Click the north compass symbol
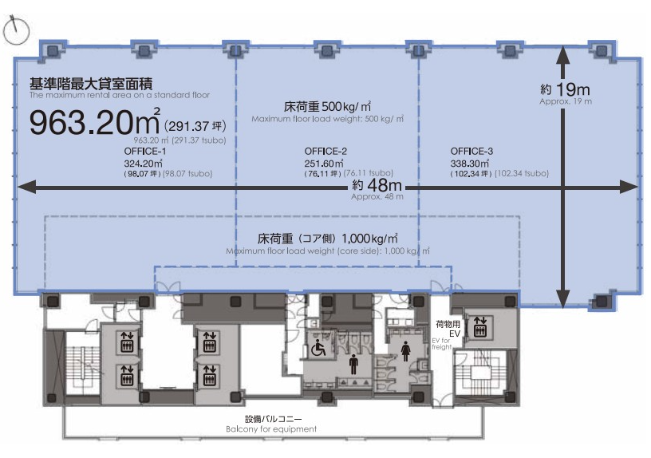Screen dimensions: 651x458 (16, 30)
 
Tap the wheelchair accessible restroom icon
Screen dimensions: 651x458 (318, 348)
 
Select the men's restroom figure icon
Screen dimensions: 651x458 (353, 364)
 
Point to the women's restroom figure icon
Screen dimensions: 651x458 (405, 351)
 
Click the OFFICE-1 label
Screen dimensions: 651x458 (145, 151)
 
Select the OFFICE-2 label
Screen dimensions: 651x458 (325, 151)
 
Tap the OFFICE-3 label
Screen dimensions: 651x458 (471, 151)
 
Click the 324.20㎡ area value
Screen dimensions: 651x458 (144, 164)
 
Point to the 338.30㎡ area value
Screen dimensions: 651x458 (470, 164)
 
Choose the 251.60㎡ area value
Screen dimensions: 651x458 (324, 164)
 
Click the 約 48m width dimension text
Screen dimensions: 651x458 (377, 185)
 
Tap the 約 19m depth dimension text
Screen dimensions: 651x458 (565, 89)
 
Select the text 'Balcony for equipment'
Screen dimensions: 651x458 (271, 429)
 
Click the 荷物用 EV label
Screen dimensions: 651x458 (448, 329)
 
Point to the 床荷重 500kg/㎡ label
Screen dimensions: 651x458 (327, 107)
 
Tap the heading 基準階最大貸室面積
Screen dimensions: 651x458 (91, 84)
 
